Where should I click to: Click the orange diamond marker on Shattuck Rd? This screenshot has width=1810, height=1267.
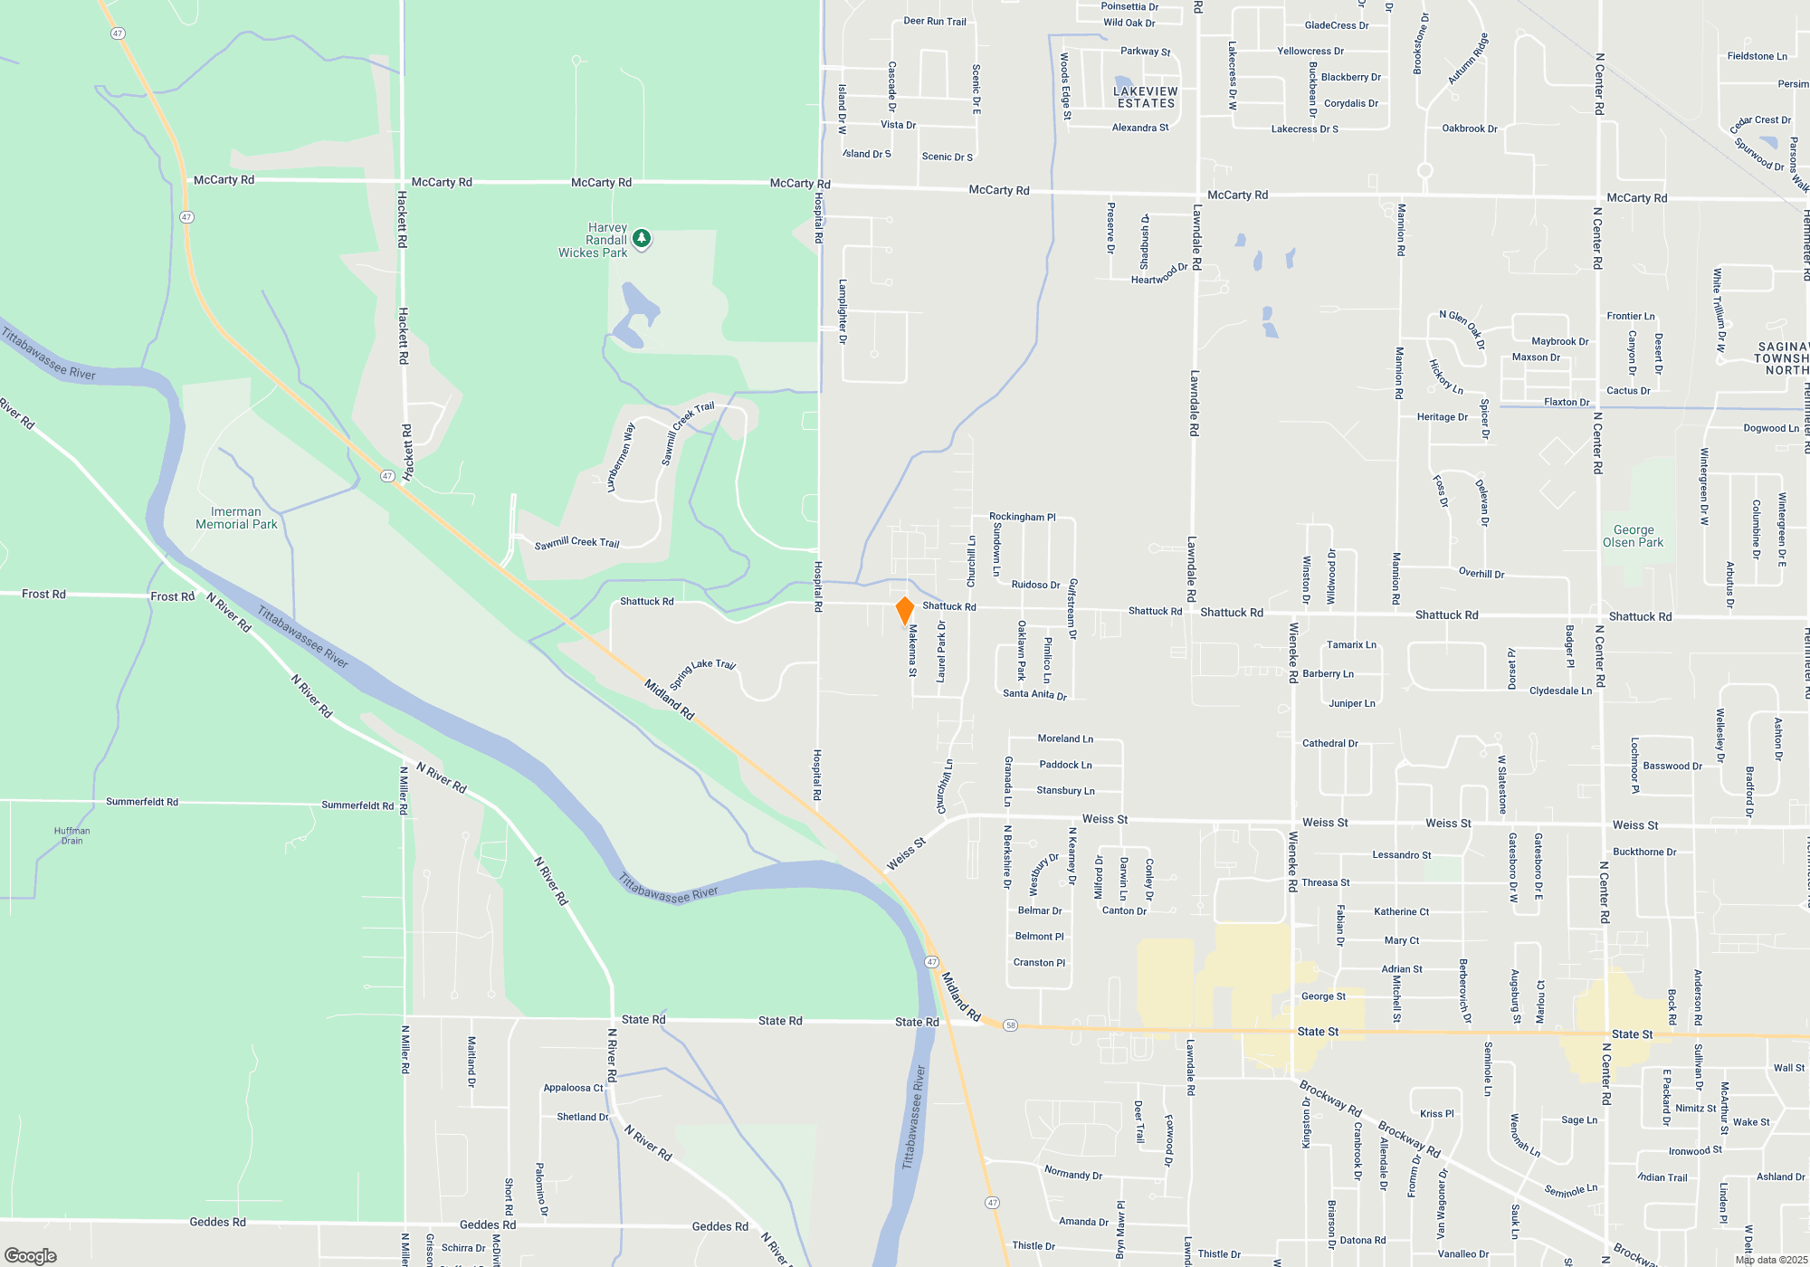coord(904,610)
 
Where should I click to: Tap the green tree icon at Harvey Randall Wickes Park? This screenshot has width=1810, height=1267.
coord(642,238)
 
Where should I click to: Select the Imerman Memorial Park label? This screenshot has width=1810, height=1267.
coord(236,518)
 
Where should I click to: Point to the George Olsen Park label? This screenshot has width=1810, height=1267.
coord(1633,536)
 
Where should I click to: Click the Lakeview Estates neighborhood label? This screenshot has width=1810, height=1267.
coord(1145,97)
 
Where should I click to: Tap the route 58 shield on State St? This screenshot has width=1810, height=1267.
coord(1011,1025)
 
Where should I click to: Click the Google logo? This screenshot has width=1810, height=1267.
coord(31,1255)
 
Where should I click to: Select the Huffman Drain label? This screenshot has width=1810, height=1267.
coord(71,835)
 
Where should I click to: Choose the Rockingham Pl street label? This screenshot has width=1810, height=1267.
coord(1022,517)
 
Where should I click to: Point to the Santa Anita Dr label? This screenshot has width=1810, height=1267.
coord(1034,694)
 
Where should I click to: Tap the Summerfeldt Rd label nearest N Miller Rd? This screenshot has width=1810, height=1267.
coord(357,805)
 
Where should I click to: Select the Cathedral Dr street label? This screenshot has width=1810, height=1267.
coord(1329,743)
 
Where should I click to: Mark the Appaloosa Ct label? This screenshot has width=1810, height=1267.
coord(573,1088)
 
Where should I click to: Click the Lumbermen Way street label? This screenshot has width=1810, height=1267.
coord(621,457)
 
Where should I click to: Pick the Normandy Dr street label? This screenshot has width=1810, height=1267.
coord(1072,1174)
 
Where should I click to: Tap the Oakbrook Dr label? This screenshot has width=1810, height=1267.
coord(1469,129)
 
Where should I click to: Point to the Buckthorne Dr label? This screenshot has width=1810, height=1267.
coord(1644,852)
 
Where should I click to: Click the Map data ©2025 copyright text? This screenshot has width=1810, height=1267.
coord(1770,1260)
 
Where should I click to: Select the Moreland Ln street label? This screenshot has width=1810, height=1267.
coord(1065,738)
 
